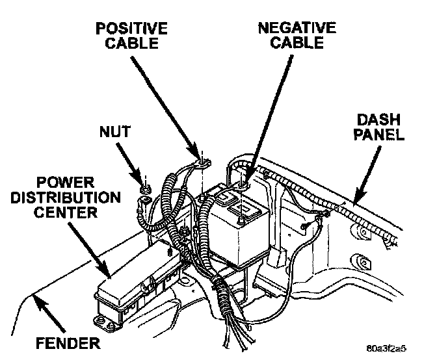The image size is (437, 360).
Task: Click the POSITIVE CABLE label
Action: pos(131,36)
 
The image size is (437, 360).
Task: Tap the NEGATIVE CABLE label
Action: pos(297,35)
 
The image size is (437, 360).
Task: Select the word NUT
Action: pos(115,131)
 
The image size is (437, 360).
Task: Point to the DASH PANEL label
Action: pos(378,127)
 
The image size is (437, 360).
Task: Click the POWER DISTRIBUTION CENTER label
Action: pos(66,198)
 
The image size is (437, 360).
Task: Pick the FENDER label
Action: pos(68,342)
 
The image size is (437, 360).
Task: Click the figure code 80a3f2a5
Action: pos(386,348)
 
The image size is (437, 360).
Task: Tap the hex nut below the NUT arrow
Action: pos(145,190)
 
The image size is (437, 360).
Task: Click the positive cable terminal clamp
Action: pos(204,163)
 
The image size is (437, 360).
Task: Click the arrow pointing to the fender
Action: pos(49,314)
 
